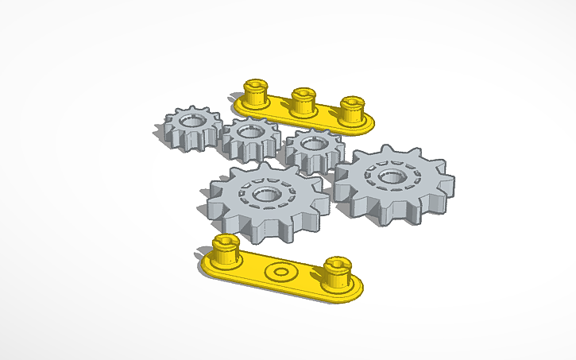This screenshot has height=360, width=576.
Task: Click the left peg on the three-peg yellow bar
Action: click(x=254, y=94)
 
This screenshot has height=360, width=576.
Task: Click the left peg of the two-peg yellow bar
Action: click(x=226, y=250)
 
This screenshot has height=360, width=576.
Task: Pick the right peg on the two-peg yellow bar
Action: click(x=338, y=273)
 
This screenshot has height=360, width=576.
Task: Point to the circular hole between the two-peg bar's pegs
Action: click(x=280, y=272)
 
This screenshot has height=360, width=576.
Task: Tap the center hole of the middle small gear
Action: click(x=249, y=131)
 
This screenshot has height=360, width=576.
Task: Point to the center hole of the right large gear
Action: click(x=391, y=174)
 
